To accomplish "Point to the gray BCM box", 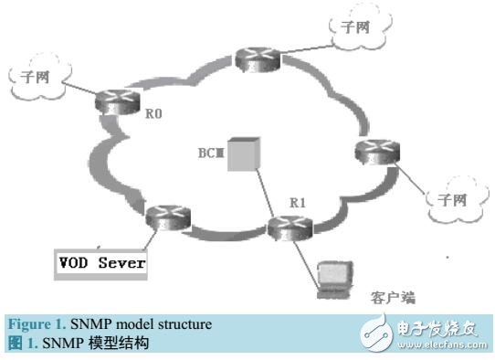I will [x=240, y=154].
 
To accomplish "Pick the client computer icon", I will [x=331, y=280].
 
